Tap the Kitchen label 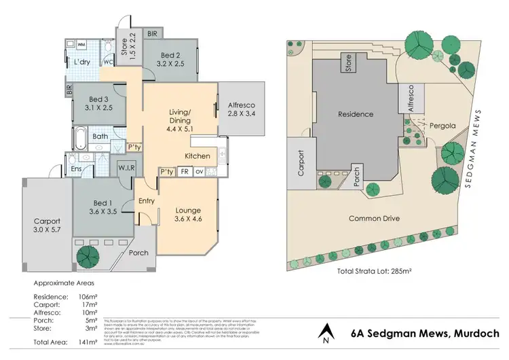(197, 156)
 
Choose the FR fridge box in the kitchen (184, 172)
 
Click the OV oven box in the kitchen (199, 172)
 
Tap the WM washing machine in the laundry (81, 44)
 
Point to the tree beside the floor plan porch (88, 257)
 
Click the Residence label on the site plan (356, 114)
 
